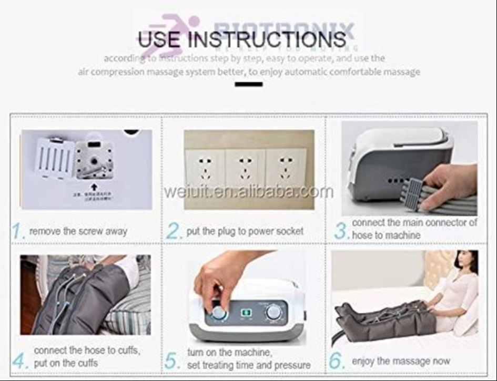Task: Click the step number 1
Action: point(18,231)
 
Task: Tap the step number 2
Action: point(174,231)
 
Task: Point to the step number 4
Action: point(19,361)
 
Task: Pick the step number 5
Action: point(173,361)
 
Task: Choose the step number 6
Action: point(337,361)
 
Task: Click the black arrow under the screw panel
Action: point(94,186)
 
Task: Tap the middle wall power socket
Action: point(245,169)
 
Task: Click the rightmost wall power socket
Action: point(286,169)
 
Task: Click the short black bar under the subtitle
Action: point(248,84)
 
